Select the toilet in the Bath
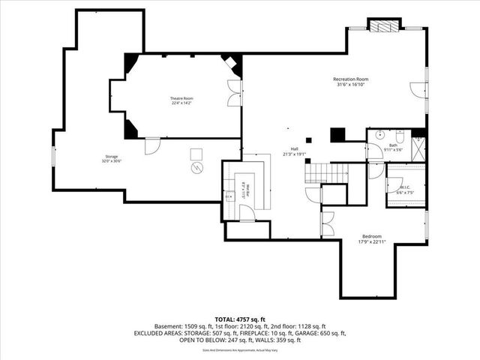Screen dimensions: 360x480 click(x=400, y=136)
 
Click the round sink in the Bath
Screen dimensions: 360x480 click(x=379, y=136)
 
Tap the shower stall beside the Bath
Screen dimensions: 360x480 click(x=418, y=146)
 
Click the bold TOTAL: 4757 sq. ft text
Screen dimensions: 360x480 click(x=240, y=319)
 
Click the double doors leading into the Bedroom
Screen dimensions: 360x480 click(x=326, y=223)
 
